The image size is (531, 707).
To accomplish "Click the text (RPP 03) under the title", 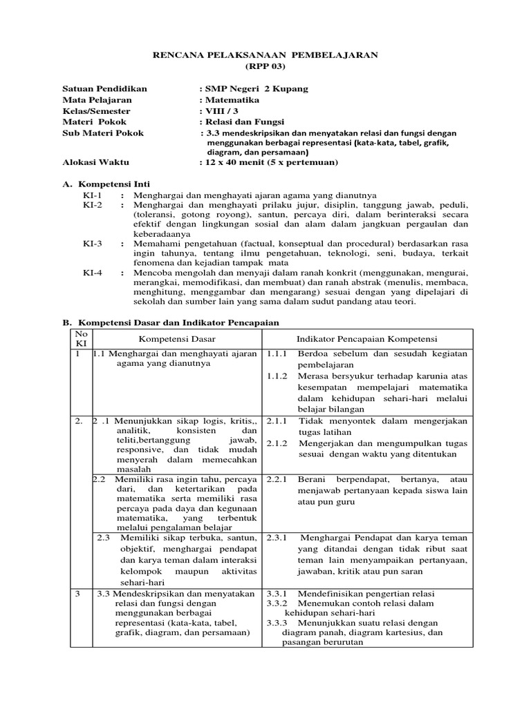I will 265,66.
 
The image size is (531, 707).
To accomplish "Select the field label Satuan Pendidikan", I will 105,89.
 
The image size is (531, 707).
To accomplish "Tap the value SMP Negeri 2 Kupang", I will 254,89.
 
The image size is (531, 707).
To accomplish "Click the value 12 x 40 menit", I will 237,163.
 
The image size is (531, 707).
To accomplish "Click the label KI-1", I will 92,195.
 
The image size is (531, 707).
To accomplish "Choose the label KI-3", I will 92,244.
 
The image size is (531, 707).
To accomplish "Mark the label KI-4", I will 92,273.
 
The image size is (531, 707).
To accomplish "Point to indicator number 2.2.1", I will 277,478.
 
